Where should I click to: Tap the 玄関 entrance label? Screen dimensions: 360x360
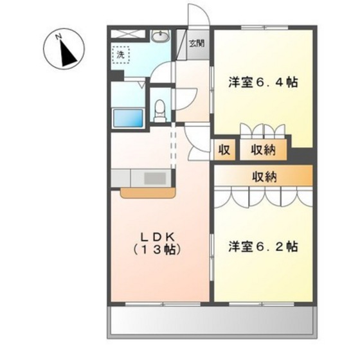pos(197,44)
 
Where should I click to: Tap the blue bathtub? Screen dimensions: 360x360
pos(127,118)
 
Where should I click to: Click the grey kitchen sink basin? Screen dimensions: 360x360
pos(153,177)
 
